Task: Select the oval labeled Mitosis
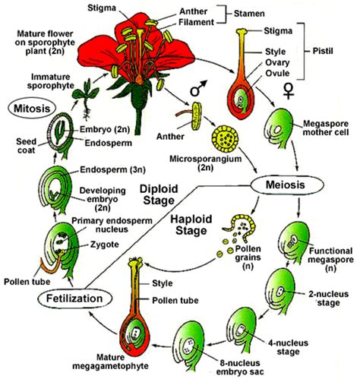coord(28,108)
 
